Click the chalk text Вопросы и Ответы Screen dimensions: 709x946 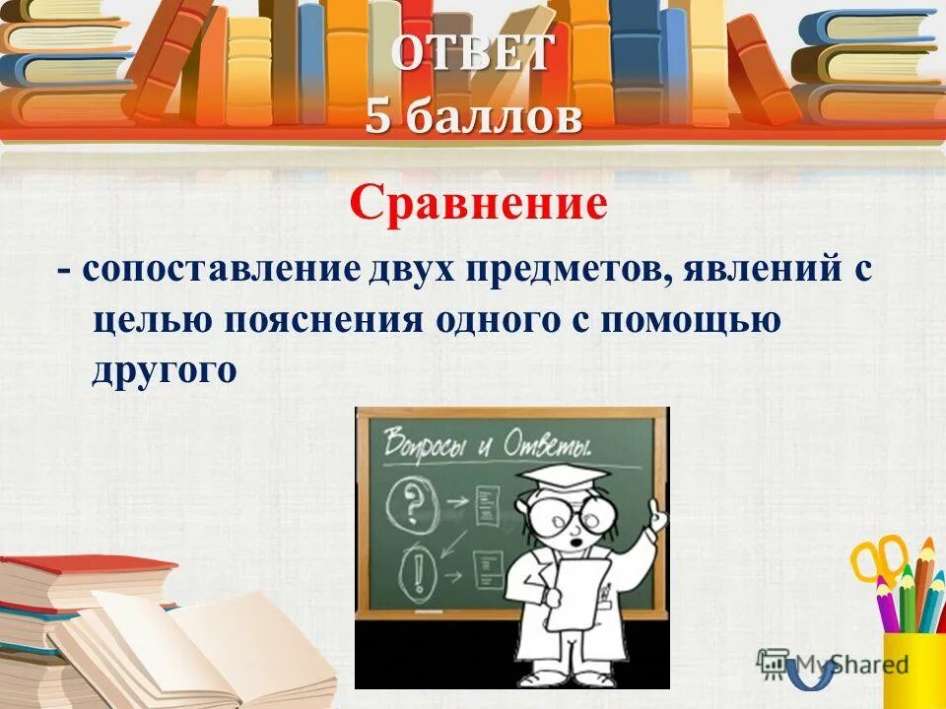[487, 440]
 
